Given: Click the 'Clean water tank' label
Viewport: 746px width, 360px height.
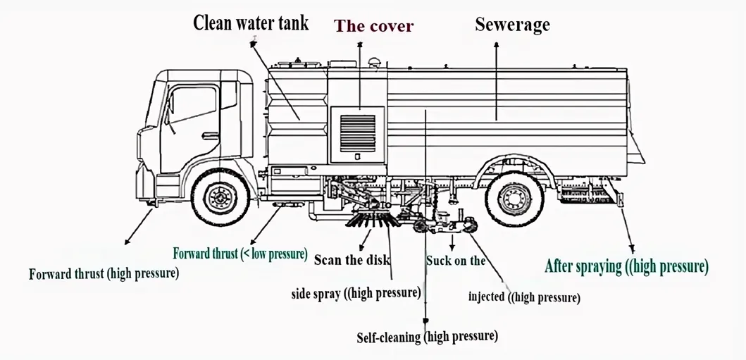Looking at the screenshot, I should (x=251, y=23).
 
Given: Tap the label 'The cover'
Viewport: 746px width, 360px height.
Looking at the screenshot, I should (x=373, y=27).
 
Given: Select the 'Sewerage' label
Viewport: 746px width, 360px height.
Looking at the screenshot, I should (x=512, y=25).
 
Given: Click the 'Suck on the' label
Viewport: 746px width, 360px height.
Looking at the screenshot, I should (x=456, y=261).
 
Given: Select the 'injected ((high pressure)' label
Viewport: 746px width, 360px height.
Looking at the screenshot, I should (x=524, y=297).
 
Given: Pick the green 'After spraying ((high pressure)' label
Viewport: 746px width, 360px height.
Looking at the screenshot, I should (x=626, y=266).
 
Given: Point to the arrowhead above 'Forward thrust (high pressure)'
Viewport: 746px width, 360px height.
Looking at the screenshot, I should (x=128, y=242).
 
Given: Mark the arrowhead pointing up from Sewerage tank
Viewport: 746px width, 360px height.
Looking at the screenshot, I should (x=497, y=44).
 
